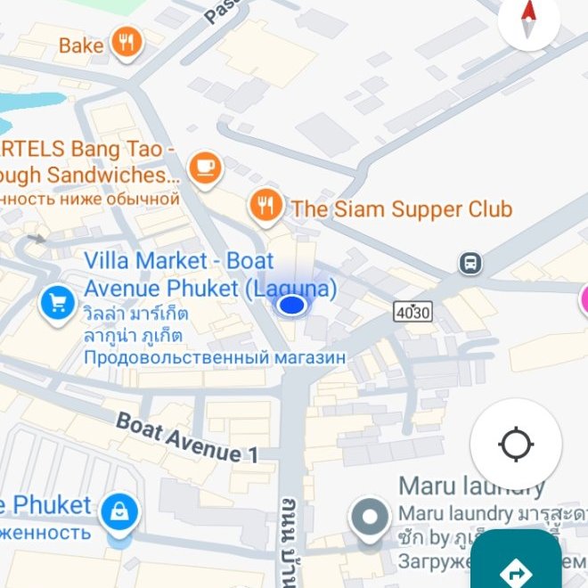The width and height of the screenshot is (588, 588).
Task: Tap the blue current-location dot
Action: [x=291, y=306]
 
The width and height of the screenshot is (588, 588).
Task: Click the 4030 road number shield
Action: [x=412, y=311]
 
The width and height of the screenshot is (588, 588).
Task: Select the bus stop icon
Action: [x=470, y=263]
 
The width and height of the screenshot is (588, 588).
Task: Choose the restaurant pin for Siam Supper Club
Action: [x=265, y=206]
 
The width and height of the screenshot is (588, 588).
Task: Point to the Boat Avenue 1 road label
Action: [x=187, y=437]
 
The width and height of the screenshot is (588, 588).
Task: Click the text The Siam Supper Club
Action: [x=402, y=209]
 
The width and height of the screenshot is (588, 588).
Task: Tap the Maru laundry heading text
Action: [x=471, y=486]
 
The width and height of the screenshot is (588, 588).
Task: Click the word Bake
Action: [x=81, y=45]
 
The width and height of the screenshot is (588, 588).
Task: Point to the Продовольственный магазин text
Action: [x=214, y=357]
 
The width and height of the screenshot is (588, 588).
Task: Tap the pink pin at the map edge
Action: [x=584, y=299]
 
